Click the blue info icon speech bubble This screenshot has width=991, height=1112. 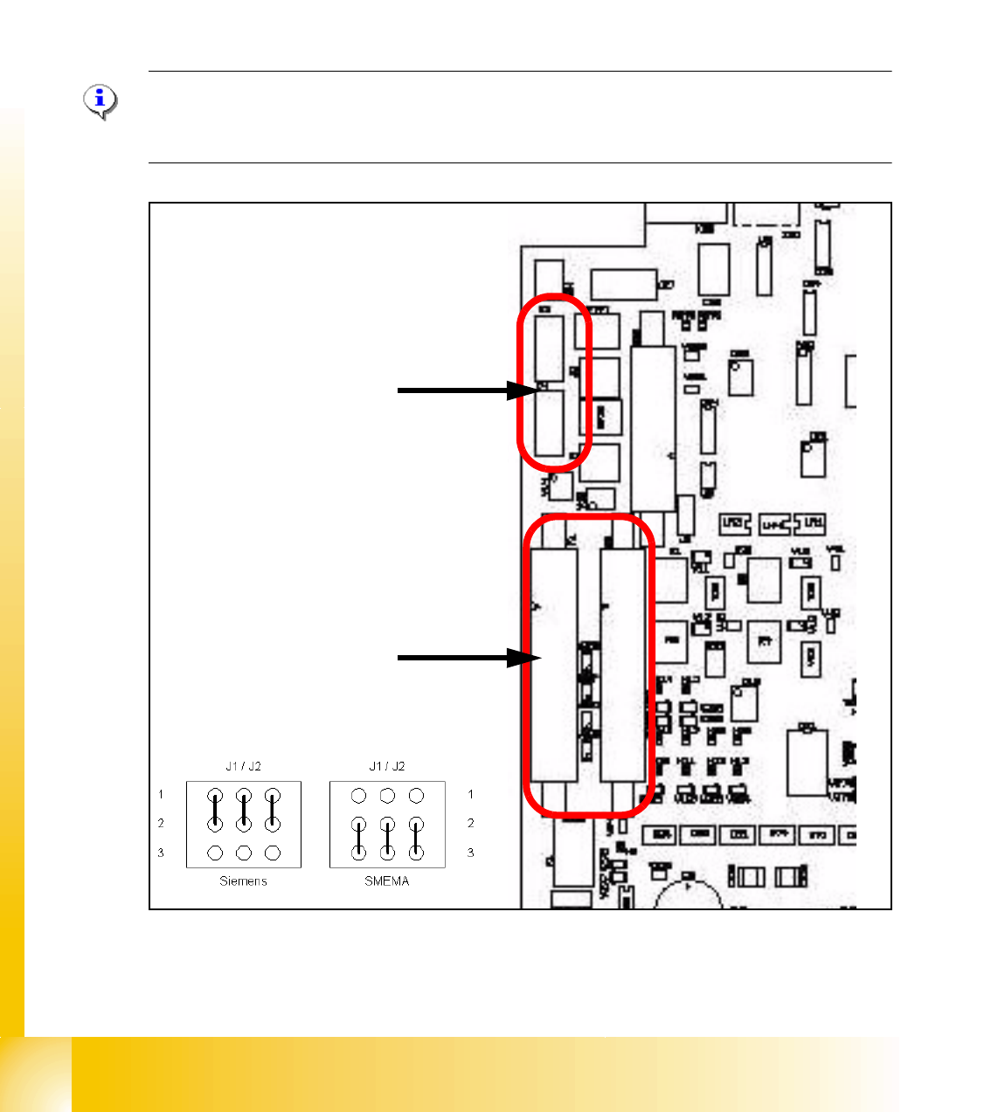(x=100, y=101)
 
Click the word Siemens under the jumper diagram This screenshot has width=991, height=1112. (x=243, y=881)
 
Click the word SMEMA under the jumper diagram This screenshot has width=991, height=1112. (x=386, y=881)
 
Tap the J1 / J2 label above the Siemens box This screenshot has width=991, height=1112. (x=243, y=766)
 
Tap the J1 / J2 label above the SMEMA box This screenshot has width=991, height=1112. (x=387, y=766)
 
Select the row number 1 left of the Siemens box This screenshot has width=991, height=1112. (x=161, y=795)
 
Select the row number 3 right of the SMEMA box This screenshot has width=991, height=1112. (x=471, y=853)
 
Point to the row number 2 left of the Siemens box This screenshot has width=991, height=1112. (x=161, y=823)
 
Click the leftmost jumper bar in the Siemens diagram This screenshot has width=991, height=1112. (x=215, y=810)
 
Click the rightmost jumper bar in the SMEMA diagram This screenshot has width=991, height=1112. (x=417, y=838)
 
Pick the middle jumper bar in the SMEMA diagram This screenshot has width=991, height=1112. (x=387, y=838)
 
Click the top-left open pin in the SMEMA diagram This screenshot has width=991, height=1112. (x=358, y=796)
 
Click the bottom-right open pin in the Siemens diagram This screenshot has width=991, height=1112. (x=273, y=853)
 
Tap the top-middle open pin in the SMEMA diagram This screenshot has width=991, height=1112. (x=387, y=796)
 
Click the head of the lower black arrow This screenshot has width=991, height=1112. (x=523, y=658)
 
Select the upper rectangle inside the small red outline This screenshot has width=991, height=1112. (x=550, y=348)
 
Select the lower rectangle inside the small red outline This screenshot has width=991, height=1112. (x=550, y=423)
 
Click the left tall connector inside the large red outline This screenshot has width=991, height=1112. (x=554, y=664)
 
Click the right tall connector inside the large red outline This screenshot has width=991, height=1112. (x=623, y=664)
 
